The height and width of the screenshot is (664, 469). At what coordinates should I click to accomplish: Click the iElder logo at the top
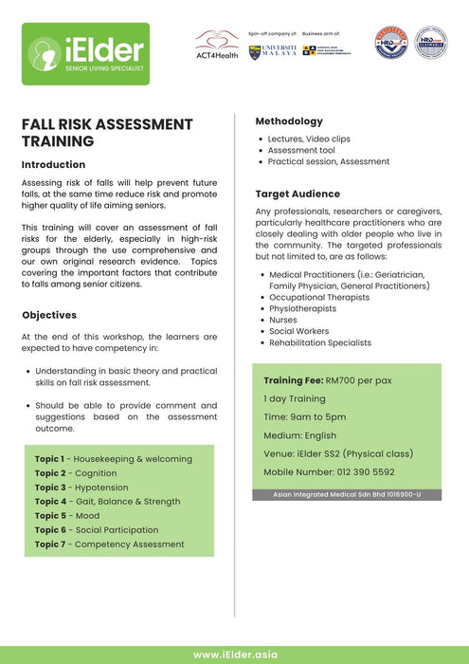pyautogui.click(x=87, y=54)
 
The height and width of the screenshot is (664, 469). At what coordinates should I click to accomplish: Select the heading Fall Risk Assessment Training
pyautogui.click(x=107, y=133)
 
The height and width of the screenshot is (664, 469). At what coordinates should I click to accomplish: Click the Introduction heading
pyautogui.click(x=53, y=164)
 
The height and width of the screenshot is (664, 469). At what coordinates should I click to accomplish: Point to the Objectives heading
pyautogui.click(x=49, y=315)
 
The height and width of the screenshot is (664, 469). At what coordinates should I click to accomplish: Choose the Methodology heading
pyautogui.click(x=289, y=121)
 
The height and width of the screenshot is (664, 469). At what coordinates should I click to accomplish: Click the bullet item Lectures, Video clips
pyautogui.click(x=308, y=138)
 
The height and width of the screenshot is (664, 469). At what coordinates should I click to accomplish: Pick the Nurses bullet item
pyautogui.click(x=282, y=320)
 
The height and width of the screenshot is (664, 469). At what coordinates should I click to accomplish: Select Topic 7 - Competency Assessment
pyautogui.click(x=110, y=544)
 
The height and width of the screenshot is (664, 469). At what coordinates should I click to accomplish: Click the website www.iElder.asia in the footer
pyautogui.click(x=234, y=654)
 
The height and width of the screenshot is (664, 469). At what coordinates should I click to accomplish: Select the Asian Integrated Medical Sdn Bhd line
pyautogui.click(x=346, y=494)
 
